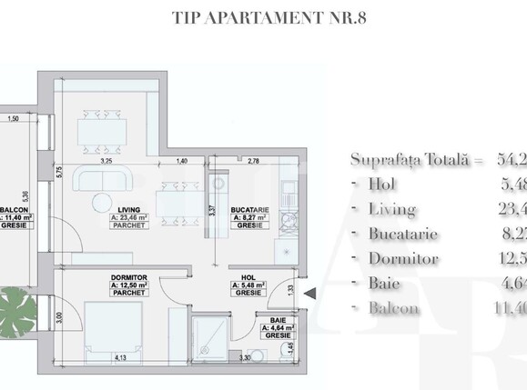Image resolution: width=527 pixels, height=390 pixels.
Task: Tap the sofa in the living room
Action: point(106,179)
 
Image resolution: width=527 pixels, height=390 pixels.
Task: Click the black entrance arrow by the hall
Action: point(309,293)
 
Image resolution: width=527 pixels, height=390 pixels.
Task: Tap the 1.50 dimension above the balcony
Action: point(13,119)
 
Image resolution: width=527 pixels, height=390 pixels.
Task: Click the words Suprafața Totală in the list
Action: point(404,160)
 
